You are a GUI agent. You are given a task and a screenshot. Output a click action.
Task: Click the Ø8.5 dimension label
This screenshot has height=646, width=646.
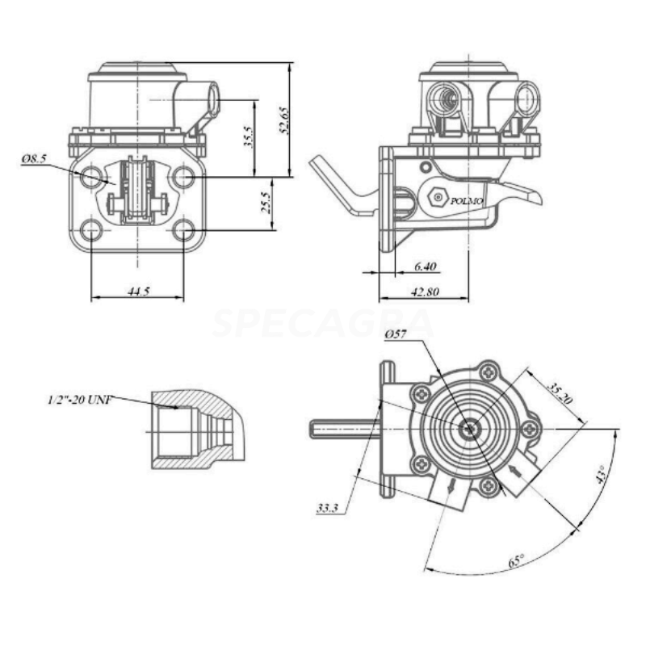(35, 158)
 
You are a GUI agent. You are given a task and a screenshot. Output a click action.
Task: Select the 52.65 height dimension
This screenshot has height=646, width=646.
(284, 120)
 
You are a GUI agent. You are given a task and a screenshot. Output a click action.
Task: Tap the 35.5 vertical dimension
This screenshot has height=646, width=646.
(248, 136)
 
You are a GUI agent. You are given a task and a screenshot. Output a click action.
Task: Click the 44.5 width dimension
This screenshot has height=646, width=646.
(138, 292)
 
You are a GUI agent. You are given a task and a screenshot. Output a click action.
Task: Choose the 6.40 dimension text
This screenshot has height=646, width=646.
(426, 266)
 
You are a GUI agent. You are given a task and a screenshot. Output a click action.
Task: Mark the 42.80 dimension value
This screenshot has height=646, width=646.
(426, 292)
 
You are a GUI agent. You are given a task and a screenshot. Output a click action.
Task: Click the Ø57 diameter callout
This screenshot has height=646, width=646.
(396, 334)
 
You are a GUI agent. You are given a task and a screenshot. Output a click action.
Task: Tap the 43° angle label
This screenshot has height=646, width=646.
(602, 474)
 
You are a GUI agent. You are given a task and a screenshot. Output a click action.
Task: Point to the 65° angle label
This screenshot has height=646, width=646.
(516, 560)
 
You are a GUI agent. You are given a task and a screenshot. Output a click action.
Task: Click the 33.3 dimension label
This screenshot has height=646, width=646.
(327, 508)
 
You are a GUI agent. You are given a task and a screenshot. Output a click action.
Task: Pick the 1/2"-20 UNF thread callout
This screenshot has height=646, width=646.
(79, 399)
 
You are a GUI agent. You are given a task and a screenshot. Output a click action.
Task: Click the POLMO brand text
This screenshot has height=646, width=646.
(467, 201)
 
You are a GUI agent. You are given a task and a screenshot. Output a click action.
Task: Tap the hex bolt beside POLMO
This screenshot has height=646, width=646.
(438, 198)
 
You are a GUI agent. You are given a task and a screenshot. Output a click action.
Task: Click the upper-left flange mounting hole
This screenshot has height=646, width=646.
(90, 177)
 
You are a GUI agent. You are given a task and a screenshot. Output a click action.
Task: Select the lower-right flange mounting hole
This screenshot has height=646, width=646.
(184, 230)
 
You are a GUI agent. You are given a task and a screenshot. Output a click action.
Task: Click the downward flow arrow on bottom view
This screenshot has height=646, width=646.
(451, 485)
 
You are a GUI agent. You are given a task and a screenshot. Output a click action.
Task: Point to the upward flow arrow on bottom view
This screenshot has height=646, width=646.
(515, 471)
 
